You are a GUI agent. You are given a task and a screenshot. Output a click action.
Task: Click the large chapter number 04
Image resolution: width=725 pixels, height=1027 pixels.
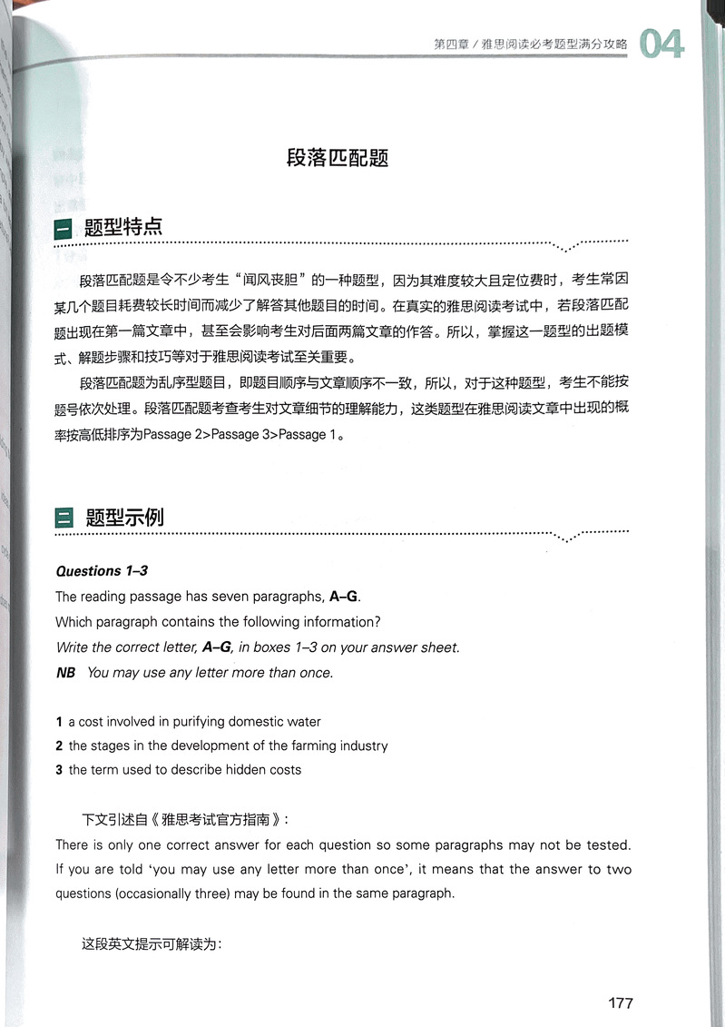coord(661,44)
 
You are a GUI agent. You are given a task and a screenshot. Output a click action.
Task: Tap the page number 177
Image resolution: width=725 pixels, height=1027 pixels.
coord(620,1003)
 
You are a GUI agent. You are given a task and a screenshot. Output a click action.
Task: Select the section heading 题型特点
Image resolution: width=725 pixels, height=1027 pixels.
coord(123,227)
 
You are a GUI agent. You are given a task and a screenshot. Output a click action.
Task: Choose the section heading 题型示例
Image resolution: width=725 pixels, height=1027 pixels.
coord(124,518)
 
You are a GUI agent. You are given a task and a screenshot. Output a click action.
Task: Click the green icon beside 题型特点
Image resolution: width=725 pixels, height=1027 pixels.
coord(65,229)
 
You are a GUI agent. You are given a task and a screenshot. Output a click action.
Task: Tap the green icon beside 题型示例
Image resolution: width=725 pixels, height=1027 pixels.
coord(65,518)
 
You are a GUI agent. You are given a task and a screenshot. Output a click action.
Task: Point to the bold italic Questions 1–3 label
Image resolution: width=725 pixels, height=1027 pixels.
coord(102,571)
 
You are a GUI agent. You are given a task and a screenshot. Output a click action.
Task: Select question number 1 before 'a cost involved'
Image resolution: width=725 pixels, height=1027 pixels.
coord(59,722)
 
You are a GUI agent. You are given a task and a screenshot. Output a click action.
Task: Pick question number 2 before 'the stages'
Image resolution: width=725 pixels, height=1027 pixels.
coord(59,746)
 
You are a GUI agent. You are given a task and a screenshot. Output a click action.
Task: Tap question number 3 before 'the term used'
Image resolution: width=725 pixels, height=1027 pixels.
coord(59,770)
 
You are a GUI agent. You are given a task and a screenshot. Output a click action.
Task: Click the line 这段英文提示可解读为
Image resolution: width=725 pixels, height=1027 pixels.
coord(152,943)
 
